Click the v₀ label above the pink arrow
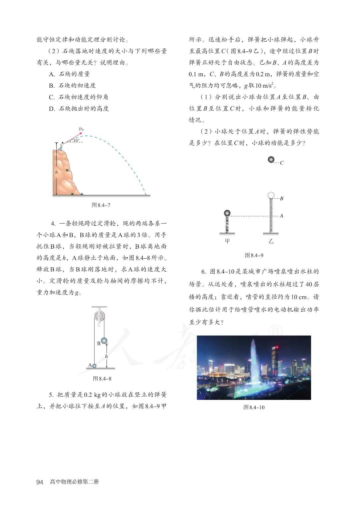tap(81, 129)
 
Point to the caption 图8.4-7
tap(101, 205)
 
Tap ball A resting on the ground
tap(94, 366)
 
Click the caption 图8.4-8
tap(102, 379)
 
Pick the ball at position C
tap(272, 160)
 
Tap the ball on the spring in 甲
tap(227, 213)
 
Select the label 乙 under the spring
tap(271, 241)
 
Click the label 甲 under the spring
tap(227, 241)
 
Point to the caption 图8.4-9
tap(254, 255)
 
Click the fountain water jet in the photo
tap(253, 360)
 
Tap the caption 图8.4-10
tap(254, 407)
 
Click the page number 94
tap(40, 482)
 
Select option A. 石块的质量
tap(69, 74)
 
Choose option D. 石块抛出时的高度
tap(79, 109)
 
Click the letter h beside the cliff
tap(57, 172)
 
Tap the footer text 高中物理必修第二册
tap(74, 482)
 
